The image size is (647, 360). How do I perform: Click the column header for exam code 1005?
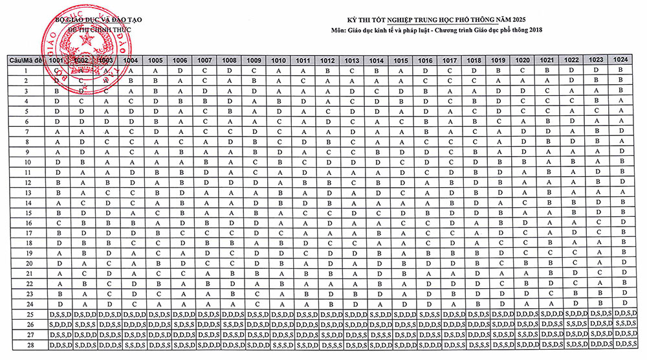pos(155,60)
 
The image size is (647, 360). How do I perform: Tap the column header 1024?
pos(620,59)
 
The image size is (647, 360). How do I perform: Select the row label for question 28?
pos(26,345)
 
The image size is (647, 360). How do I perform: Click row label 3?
pos(26,91)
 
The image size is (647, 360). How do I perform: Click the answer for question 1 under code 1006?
pos(181,70)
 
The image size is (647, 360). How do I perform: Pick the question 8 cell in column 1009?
pos(254,141)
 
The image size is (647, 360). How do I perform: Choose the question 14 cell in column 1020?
pos(523,203)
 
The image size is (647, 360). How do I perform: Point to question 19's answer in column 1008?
pos(230,253)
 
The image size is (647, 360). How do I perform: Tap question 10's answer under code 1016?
pos(425,162)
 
